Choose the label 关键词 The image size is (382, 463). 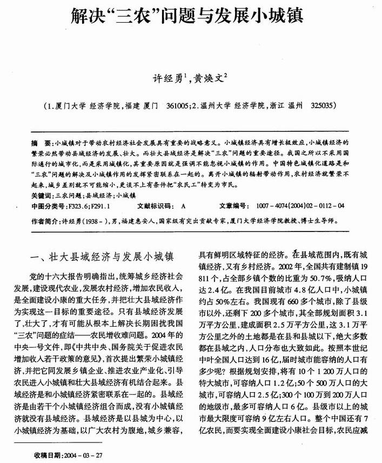[42, 195]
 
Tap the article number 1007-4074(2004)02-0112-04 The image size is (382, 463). [300, 206]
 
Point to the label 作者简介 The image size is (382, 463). [45, 222]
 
